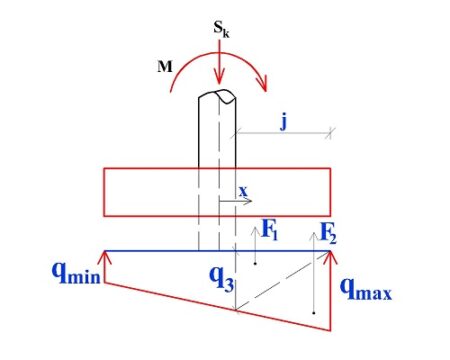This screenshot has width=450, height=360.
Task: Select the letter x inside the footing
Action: click(x=241, y=189)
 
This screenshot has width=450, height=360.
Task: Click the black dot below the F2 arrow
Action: click(x=315, y=315)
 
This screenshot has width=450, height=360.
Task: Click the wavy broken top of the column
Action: click(x=219, y=97)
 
